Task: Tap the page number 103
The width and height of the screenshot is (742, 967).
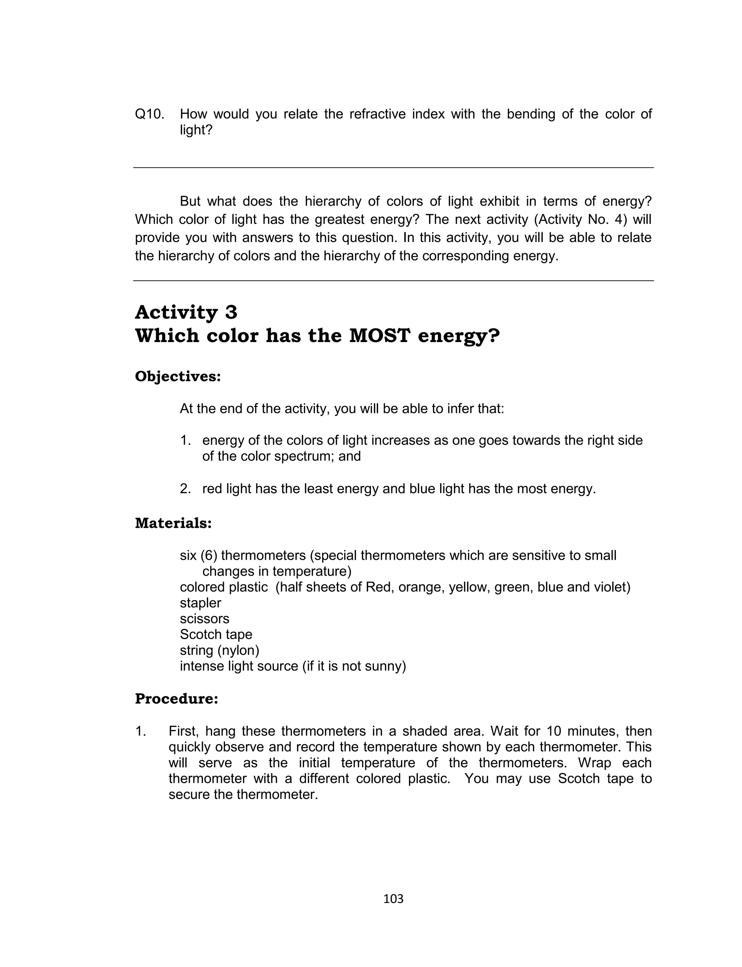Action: [x=393, y=899]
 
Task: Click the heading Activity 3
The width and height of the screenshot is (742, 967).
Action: [x=186, y=313]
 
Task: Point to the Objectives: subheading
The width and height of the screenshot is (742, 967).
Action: [x=178, y=377]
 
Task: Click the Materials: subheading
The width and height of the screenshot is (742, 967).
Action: [x=173, y=523]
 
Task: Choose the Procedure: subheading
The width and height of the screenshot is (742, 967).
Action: [x=176, y=699]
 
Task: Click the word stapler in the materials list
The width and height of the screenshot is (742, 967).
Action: [x=200, y=603]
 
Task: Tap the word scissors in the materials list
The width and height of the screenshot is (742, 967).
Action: [x=204, y=618]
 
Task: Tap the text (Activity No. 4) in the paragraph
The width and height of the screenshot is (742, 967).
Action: [x=577, y=220]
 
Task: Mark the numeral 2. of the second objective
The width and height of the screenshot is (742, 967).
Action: [x=185, y=489]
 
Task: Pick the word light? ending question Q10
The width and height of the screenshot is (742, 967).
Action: [x=196, y=130]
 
